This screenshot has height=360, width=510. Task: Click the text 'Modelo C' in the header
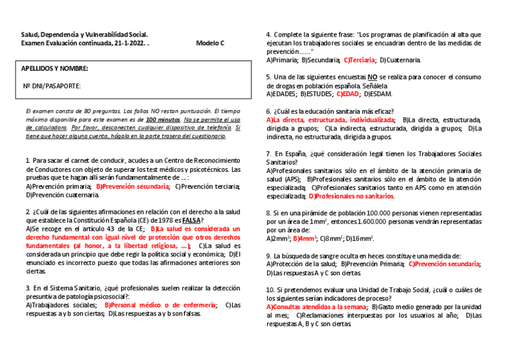click(x=210, y=43)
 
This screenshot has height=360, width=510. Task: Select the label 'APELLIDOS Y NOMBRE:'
click(x=55, y=69)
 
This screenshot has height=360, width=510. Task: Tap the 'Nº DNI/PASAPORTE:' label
click(x=52, y=86)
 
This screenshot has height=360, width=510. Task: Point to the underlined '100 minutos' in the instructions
click(x=163, y=120)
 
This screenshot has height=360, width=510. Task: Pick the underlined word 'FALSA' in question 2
click(x=191, y=221)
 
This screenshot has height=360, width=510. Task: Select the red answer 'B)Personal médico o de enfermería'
click(x=161, y=305)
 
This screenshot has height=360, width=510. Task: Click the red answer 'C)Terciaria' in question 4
click(x=360, y=60)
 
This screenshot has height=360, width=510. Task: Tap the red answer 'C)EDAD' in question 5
click(x=348, y=94)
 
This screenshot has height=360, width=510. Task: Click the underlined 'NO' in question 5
click(x=373, y=78)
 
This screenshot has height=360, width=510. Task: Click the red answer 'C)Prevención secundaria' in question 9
click(x=444, y=264)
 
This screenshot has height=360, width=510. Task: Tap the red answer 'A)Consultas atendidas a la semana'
click(x=316, y=307)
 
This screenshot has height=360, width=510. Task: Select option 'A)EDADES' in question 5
click(x=281, y=94)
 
